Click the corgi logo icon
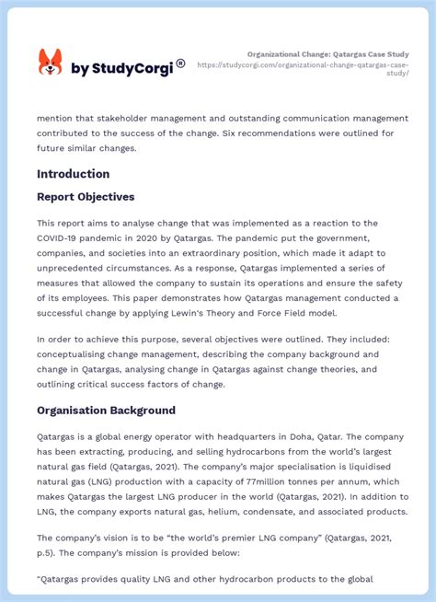50,63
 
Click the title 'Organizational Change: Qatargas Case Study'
328,54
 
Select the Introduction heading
73,174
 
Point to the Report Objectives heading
86,197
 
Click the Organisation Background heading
106,411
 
